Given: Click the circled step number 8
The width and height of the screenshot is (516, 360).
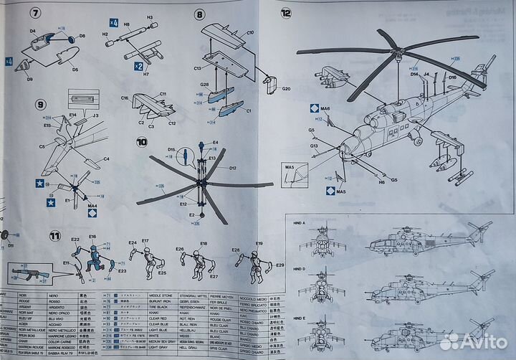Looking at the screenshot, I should click(199, 14).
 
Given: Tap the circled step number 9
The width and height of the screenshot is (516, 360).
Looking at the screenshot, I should click(41, 105).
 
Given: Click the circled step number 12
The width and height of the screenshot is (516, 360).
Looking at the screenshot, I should click(287, 13).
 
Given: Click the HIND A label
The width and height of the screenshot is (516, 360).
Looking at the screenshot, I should click(300, 223).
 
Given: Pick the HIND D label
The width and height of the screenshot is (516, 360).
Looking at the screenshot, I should click(300, 268).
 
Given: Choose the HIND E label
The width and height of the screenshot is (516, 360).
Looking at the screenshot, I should click(300, 316).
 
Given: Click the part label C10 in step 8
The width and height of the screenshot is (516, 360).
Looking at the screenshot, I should click(250, 33).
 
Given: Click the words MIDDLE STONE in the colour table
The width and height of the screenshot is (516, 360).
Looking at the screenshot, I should click(159, 295).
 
